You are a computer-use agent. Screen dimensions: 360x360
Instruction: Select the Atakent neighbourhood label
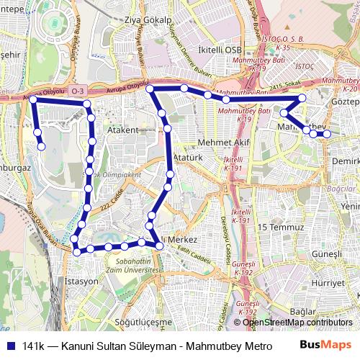[x=122, y=130]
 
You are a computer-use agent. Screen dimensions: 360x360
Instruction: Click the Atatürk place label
[x=190, y=156]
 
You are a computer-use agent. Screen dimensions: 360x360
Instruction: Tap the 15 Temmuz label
[x=277, y=227]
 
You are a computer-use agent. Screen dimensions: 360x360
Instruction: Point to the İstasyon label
[x=81, y=281]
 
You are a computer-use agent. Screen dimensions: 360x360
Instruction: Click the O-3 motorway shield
[x=78, y=91]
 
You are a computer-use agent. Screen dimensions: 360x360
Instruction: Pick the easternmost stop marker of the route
[x=327, y=133]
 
